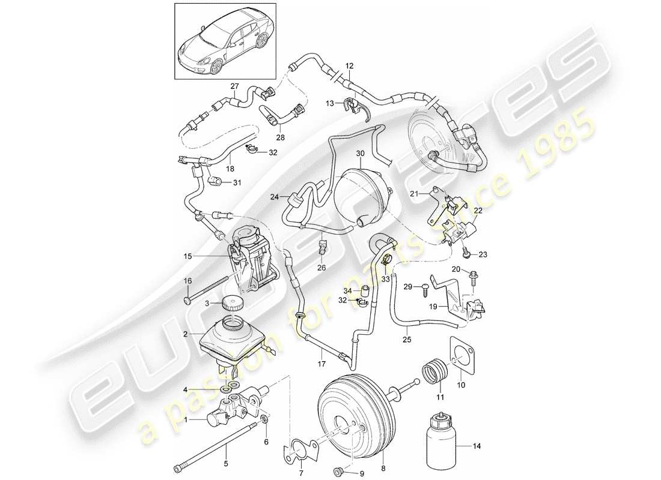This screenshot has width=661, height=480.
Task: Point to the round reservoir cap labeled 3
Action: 231,303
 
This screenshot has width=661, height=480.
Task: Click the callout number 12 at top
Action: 350,65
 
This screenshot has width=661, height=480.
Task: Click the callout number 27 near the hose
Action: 234,86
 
